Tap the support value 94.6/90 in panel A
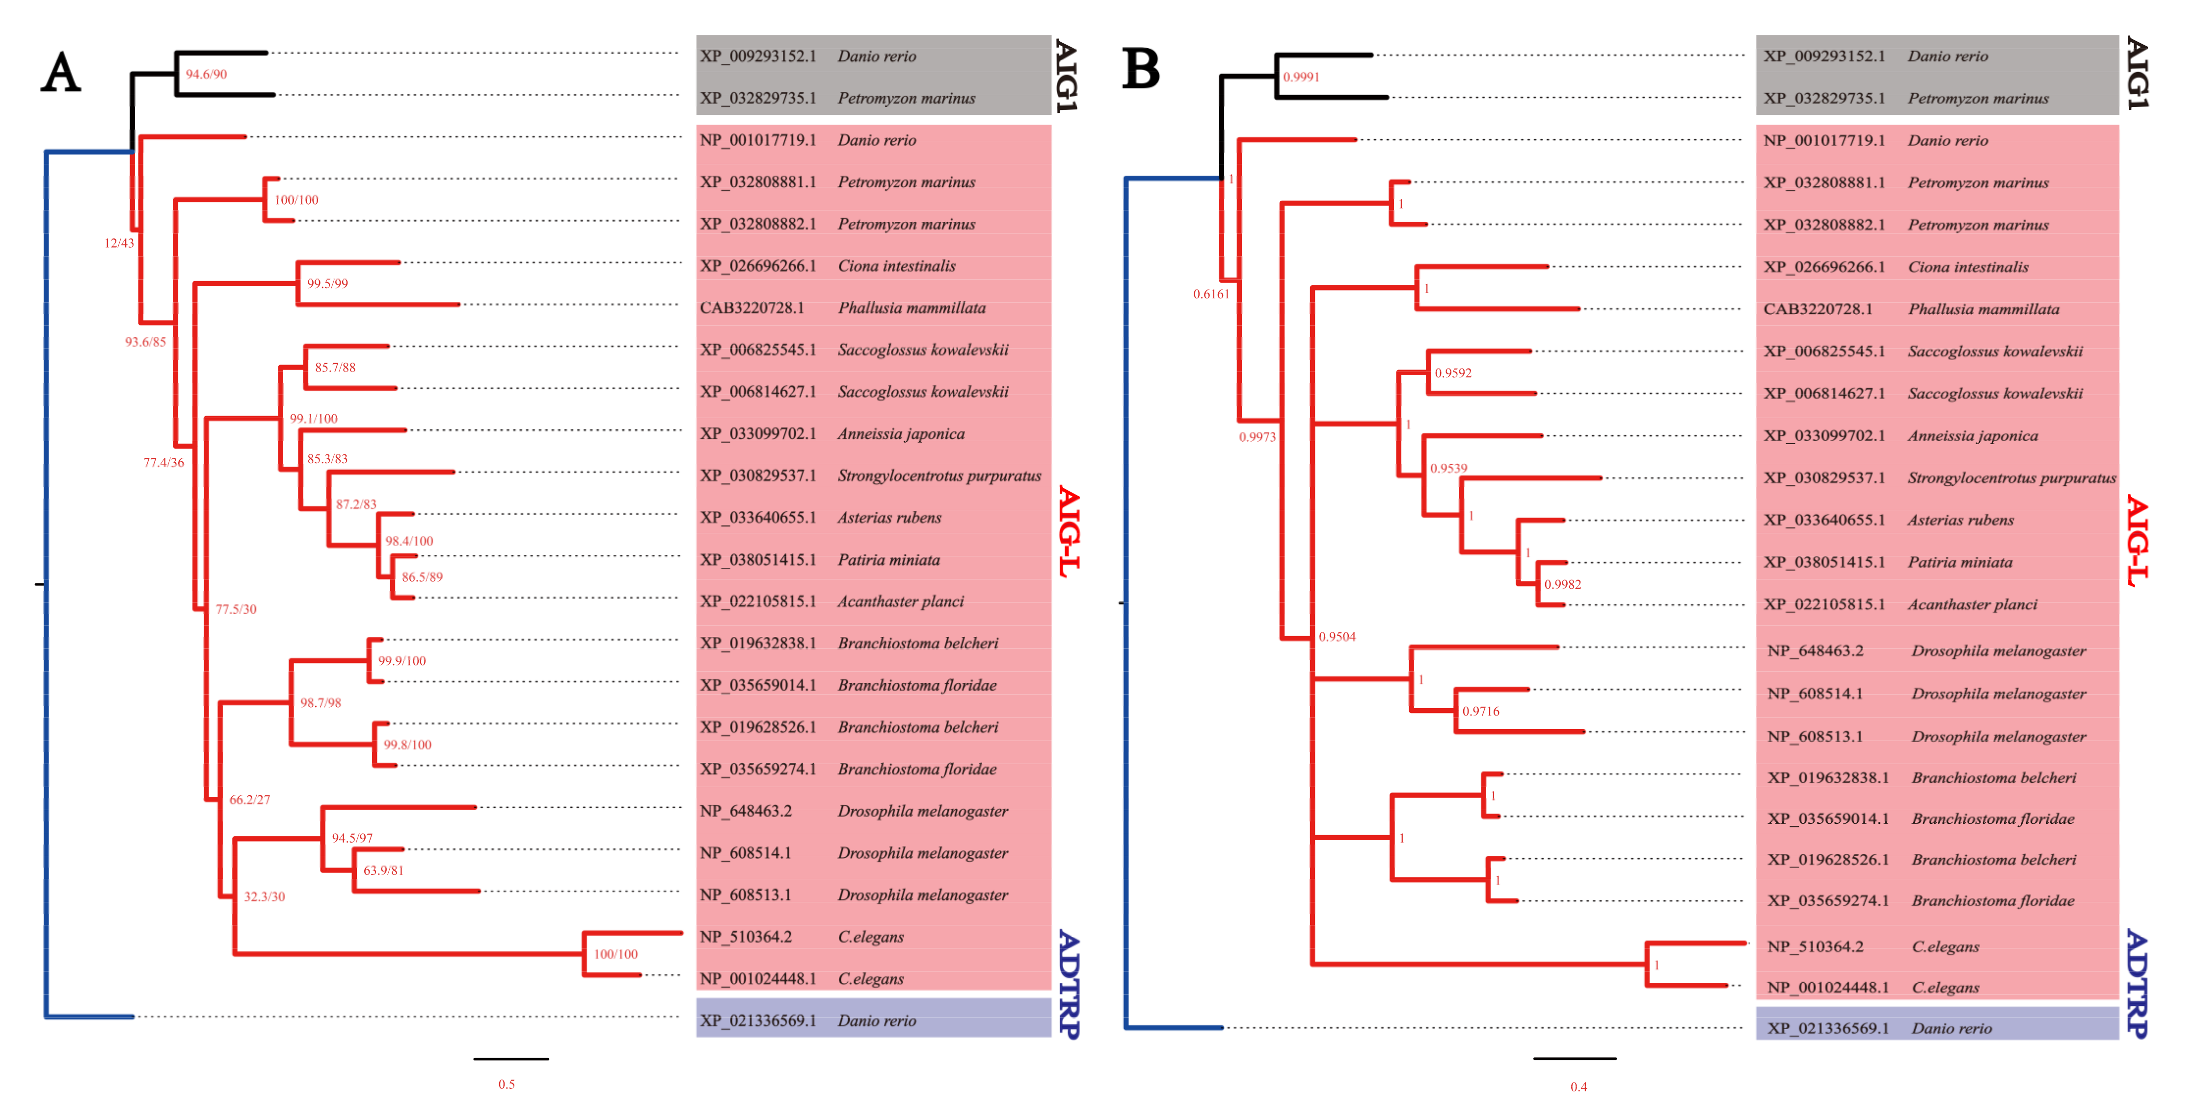point(206,74)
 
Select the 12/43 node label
point(119,243)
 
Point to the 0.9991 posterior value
point(1301,77)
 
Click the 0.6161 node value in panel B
point(1211,294)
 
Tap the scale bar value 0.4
point(1578,1087)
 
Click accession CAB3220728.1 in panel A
point(751,308)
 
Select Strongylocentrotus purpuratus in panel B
point(2011,478)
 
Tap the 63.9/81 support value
point(383,871)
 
